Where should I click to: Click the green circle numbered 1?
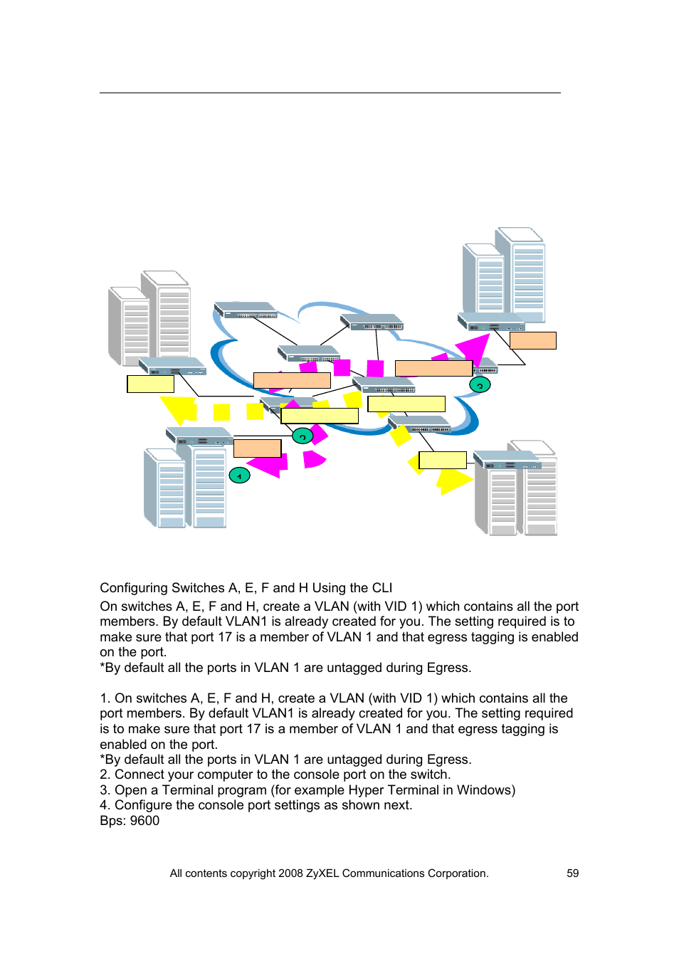[x=239, y=475]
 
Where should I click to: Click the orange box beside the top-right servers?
[x=532, y=341]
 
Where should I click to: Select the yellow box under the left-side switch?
[x=150, y=384]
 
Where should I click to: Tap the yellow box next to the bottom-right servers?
[x=442, y=460]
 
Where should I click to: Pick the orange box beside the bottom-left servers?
[x=257, y=448]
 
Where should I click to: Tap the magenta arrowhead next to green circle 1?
[x=269, y=464]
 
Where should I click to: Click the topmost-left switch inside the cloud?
[x=246, y=310]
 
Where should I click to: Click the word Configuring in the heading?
[x=132, y=588]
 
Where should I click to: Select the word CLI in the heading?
[x=381, y=588]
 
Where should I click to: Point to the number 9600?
[x=144, y=821]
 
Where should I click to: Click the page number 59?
[x=572, y=873]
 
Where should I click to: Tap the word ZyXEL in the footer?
[x=322, y=873]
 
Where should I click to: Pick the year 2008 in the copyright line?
[x=290, y=873]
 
